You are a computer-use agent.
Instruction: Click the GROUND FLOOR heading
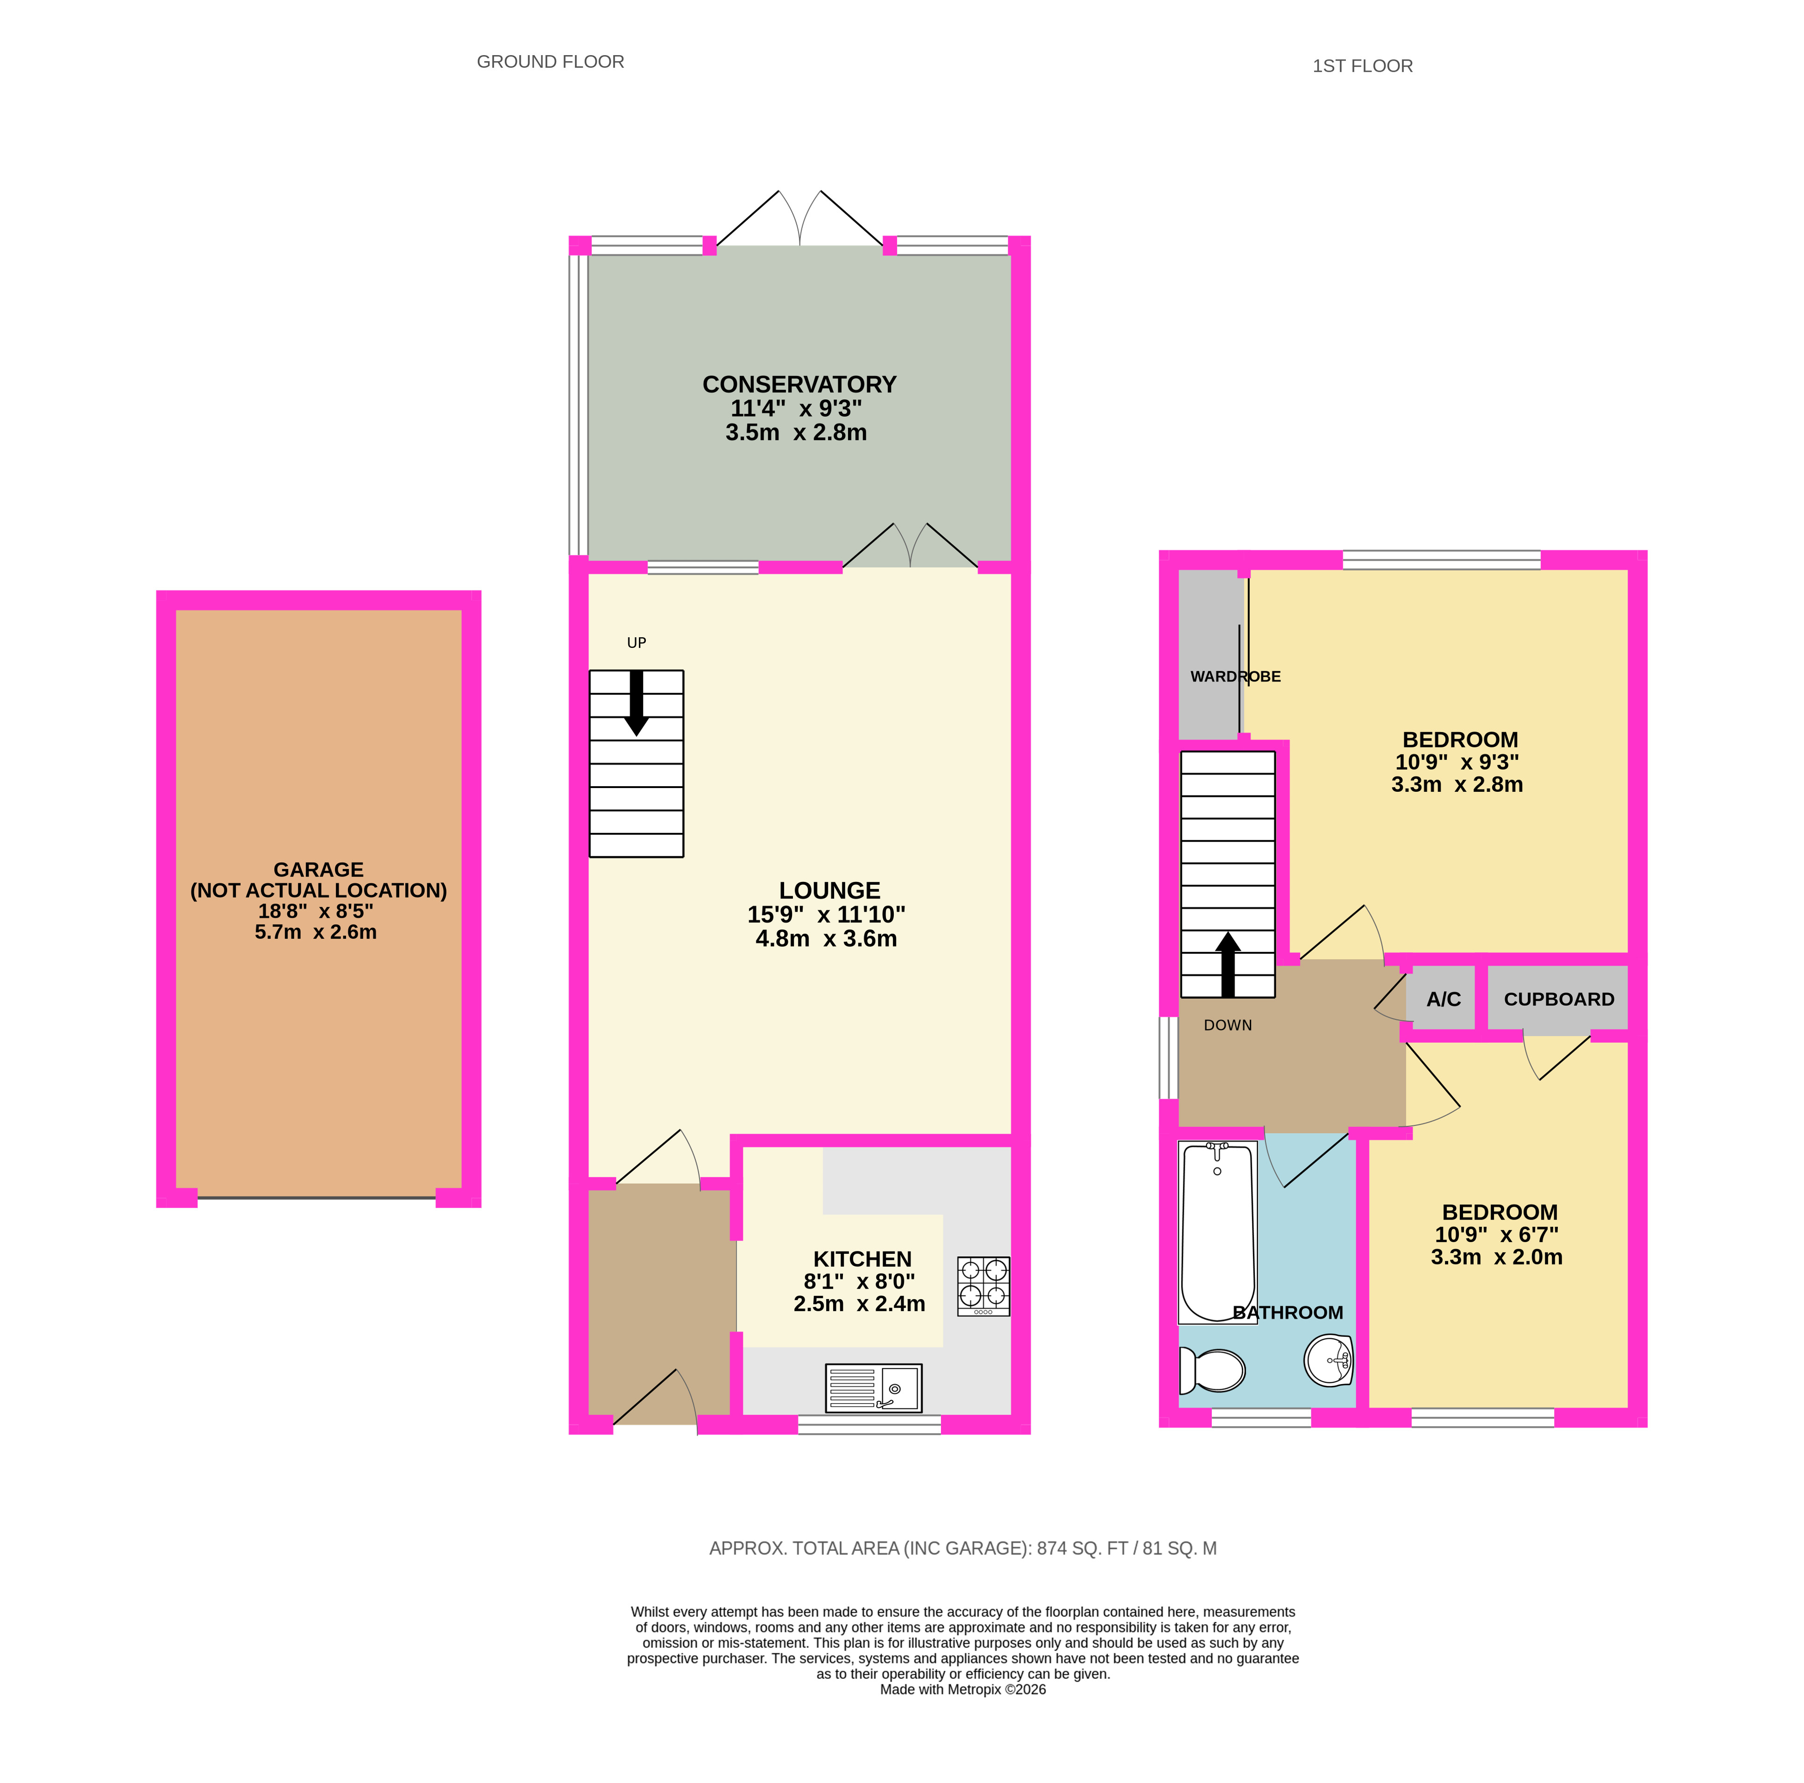pos(550,62)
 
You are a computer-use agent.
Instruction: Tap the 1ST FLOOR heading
pos(1362,66)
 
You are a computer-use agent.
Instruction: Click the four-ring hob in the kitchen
pos(983,1286)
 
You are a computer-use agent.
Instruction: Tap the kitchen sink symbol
pos(873,1387)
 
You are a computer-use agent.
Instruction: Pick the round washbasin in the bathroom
pos(1329,1360)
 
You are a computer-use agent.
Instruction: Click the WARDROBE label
pos(1235,676)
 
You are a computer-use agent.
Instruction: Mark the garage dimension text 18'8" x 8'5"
pos(316,910)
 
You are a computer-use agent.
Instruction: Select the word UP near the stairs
pos(636,643)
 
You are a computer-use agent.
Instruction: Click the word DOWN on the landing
pos(1228,1024)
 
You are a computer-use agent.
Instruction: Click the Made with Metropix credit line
pos(962,1689)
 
